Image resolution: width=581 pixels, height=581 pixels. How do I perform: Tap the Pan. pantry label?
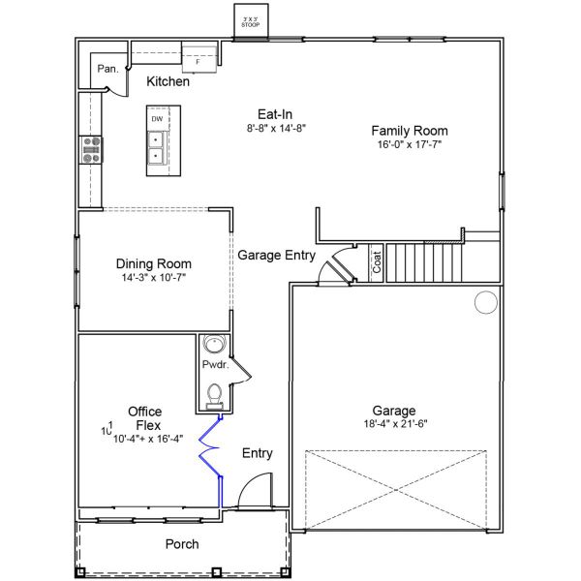coord(107,69)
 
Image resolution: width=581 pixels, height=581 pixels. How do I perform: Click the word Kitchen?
coord(168,82)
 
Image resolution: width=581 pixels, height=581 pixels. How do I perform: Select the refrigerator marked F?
coord(199,56)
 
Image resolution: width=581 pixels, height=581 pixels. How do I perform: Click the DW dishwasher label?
coord(155,118)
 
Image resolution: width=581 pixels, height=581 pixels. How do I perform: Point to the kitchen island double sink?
coord(155,146)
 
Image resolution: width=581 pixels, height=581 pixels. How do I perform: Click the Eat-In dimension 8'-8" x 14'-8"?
coord(276,128)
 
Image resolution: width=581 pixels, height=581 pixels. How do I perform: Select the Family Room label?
coord(410,131)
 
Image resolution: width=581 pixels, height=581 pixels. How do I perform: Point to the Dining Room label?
coord(153,263)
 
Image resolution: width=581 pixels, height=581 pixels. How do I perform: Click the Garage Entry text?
coord(276,256)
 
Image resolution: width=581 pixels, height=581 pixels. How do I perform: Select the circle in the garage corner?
coord(484,304)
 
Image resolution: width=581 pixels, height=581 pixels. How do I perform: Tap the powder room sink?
coord(213,347)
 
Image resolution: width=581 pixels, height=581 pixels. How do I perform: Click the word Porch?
coord(181,544)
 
